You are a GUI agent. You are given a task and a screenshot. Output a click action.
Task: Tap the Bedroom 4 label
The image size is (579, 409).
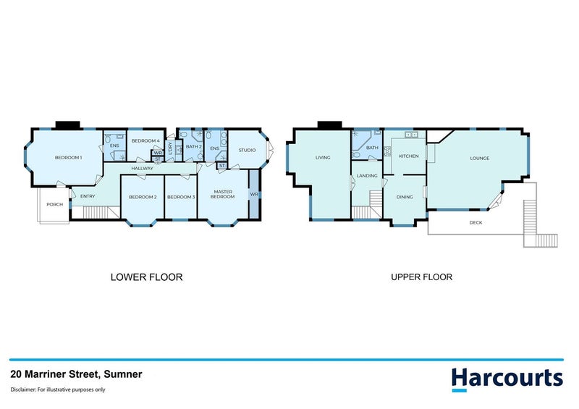click(x=145, y=140)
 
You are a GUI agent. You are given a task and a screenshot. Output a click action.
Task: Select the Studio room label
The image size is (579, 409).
click(x=247, y=150)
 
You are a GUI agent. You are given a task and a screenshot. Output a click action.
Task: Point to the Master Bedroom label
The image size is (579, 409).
click(x=222, y=194)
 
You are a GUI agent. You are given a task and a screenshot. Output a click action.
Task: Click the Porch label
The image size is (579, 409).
click(x=54, y=204)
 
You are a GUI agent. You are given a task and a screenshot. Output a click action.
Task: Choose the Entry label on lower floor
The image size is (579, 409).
click(x=88, y=196)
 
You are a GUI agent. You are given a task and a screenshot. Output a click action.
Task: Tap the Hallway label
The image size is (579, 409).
click(x=142, y=168)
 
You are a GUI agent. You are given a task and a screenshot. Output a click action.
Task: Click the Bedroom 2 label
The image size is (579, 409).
click(x=143, y=197)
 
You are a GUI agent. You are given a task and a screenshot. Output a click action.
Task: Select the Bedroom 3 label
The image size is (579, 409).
click(x=181, y=197)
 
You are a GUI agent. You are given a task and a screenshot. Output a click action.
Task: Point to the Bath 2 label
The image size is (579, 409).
click(x=193, y=146)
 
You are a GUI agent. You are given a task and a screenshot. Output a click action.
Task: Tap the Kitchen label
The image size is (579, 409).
click(x=408, y=156)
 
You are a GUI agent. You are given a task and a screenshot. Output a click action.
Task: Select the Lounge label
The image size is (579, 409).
click(x=479, y=158)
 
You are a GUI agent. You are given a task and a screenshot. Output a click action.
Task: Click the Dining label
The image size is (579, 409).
click(x=404, y=196)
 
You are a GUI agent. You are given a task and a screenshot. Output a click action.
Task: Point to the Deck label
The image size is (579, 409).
click(x=476, y=222)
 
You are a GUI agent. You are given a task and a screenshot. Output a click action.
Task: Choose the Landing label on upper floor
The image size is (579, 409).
click(x=368, y=174)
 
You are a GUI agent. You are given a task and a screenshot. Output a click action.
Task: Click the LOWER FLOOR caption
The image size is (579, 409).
click(x=146, y=277)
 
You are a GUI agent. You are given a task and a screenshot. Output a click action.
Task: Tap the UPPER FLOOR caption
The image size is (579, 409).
click(x=421, y=277)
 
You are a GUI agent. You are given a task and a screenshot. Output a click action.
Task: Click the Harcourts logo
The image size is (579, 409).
click(x=507, y=379)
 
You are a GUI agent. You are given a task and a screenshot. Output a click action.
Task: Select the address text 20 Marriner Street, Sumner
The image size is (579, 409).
click(x=76, y=374)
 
